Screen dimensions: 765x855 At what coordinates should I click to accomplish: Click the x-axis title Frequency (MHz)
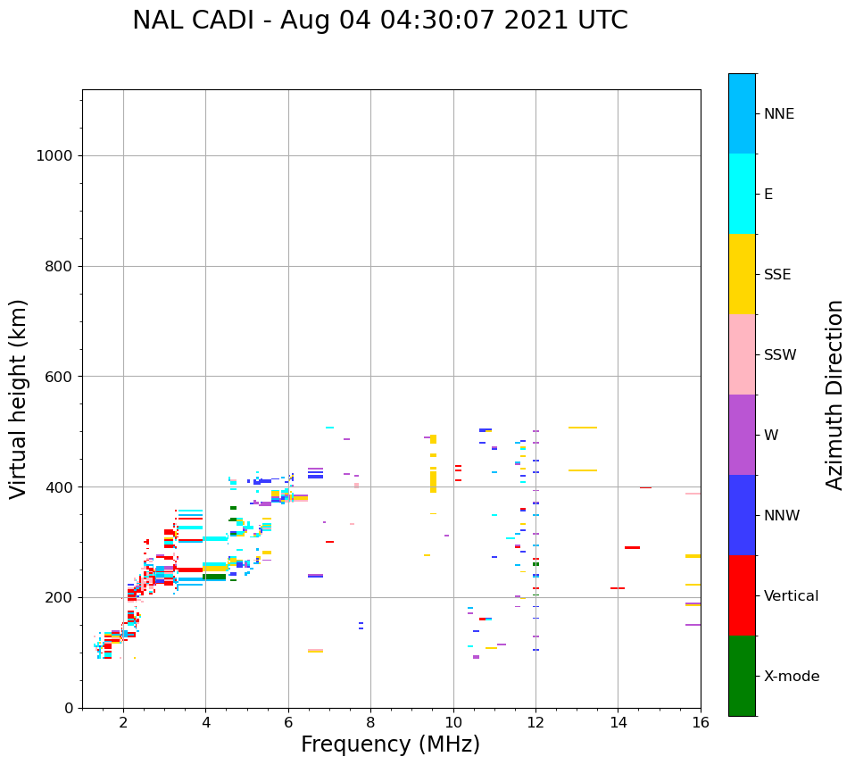click(x=390, y=744)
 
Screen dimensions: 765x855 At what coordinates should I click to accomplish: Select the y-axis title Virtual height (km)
click(x=19, y=399)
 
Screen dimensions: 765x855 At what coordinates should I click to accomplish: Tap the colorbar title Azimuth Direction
click(x=834, y=395)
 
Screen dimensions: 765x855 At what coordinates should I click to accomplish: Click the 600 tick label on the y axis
click(x=59, y=377)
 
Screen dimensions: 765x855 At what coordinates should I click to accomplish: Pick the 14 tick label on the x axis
click(x=618, y=721)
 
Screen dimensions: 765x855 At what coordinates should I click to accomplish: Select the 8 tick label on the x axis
click(x=370, y=721)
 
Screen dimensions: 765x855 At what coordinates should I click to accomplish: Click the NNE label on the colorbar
click(x=778, y=114)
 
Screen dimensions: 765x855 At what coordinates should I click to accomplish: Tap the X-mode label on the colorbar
click(x=792, y=677)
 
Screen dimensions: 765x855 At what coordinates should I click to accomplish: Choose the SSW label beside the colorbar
click(x=780, y=355)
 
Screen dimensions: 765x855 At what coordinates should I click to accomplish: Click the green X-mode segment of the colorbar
click(x=742, y=676)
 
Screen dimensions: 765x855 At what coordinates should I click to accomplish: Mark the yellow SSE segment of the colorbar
click(x=742, y=274)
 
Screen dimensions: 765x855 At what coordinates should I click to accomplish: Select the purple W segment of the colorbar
click(x=742, y=435)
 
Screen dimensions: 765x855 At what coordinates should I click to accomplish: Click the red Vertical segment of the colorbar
click(x=742, y=595)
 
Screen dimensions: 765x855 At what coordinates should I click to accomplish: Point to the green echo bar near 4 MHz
click(x=214, y=577)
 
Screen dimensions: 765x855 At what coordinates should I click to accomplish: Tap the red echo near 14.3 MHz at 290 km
click(x=632, y=547)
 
